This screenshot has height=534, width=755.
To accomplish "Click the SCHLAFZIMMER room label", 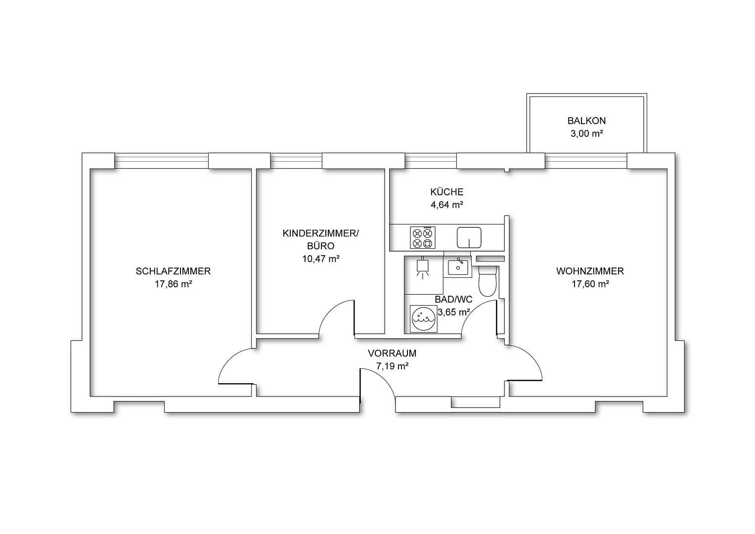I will coord(173,271).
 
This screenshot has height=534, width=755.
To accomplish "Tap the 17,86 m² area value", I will coord(173,284).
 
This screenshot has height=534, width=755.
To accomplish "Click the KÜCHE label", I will coord(446,192).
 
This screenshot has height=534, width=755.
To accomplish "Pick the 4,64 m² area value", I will coord(446,205).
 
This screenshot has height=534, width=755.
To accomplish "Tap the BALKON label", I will coord(586,121).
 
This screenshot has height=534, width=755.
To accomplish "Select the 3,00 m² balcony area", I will coord(586,133).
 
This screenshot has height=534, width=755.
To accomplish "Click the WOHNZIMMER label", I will coord(590,271).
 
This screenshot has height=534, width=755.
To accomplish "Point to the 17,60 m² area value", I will coord(590,284).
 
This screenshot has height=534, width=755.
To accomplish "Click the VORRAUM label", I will coord(392,354).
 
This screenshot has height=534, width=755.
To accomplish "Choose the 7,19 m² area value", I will coord(392,366).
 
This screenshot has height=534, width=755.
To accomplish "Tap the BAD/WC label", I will coord(453,300).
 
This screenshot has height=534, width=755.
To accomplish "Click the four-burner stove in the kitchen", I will coord(422,237).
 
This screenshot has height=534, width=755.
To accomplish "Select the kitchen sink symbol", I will coord(469,237).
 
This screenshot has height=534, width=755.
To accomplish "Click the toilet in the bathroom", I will coord(488,281).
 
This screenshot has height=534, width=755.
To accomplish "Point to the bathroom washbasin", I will coord(458,267).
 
